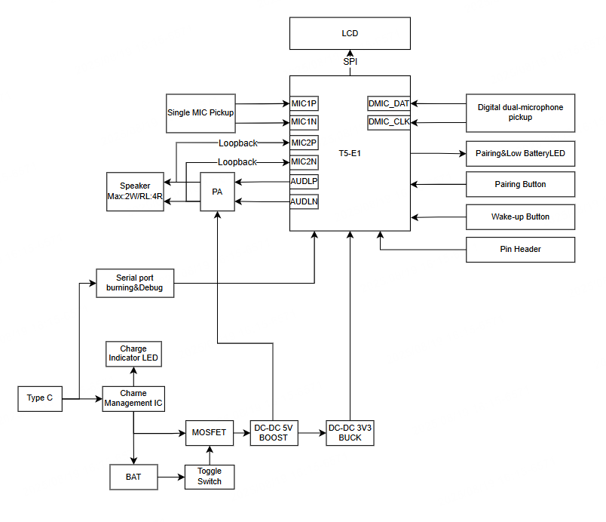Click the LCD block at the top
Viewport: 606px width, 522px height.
tap(350, 34)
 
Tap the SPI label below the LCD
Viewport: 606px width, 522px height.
tap(350, 62)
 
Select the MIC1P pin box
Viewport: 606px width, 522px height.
tap(304, 103)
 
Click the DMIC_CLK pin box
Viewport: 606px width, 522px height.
tap(389, 122)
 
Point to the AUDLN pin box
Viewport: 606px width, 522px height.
tap(304, 201)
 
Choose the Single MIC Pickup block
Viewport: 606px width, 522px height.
tap(200, 113)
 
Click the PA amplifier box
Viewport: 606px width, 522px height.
tap(217, 192)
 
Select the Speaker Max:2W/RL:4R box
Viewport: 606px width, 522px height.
tap(135, 191)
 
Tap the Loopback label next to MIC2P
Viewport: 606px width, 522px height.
tap(237, 143)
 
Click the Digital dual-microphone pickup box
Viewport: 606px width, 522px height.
tap(520, 112)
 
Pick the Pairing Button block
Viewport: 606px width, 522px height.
tap(520, 184)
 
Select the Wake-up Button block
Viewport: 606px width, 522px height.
tap(520, 216)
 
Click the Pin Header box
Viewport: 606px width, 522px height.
tap(520, 249)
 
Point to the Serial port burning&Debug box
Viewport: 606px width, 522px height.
tap(135, 282)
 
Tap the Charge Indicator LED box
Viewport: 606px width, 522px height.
tap(133, 354)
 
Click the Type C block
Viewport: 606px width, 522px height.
tap(39, 398)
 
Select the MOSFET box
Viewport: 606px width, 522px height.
tap(209, 433)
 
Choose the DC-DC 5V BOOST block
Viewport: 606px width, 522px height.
tap(274, 433)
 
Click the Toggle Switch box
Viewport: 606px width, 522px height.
tap(210, 477)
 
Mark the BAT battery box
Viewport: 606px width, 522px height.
tap(133, 477)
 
